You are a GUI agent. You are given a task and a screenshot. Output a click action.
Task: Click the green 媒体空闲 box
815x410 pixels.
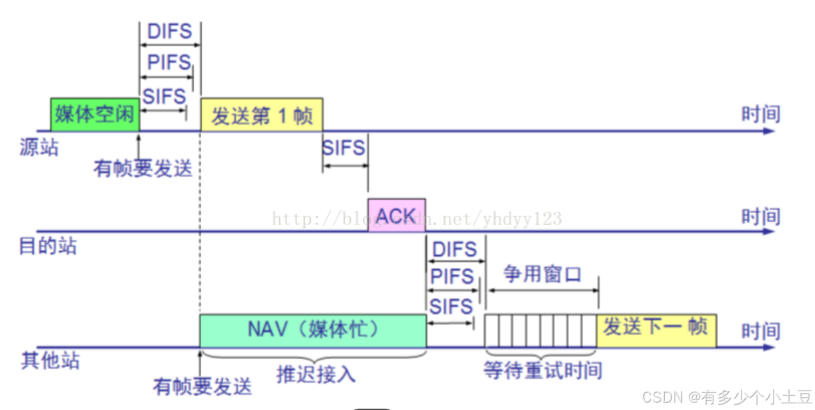94,114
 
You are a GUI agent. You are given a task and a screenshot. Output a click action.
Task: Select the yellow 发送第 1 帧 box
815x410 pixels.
261,115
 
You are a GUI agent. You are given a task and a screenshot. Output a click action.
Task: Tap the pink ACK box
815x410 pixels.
396,215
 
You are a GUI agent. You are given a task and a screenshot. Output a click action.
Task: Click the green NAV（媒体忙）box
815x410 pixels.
313,329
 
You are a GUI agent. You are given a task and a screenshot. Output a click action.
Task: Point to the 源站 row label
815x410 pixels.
39,147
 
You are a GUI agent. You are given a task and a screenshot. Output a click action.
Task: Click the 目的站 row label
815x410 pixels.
47,247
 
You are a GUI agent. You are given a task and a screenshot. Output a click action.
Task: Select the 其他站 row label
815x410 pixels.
50,362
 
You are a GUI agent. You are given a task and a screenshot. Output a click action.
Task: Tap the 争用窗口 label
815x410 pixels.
542,274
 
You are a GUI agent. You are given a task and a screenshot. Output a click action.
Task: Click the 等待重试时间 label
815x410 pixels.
543,371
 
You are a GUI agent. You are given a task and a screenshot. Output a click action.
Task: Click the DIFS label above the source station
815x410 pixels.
170,31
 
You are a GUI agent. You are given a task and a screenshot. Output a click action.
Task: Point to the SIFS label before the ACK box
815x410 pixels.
343,148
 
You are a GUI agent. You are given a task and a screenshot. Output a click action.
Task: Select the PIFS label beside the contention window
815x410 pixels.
452,277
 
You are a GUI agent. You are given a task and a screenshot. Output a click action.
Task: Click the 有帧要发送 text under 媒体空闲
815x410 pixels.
142,168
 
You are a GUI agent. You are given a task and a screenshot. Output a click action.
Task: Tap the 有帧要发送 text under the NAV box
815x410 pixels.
202,386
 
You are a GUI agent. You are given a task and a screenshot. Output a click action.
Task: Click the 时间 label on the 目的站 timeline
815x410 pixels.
760,217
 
